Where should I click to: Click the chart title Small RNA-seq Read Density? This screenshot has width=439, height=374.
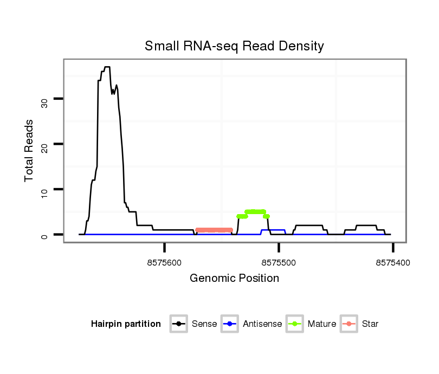pyautogui.click(x=234, y=46)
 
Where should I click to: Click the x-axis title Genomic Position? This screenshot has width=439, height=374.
pyautogui.click(x=234, y=279)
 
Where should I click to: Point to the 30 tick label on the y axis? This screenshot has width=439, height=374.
pyautogui.click(x=44, y=99)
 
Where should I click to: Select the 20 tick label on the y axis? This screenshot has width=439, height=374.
pyautogui.click(x=44, y=144)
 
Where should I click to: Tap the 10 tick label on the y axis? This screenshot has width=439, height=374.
pyautogui.click(x=44, y=189)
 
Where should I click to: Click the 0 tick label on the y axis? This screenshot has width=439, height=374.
pyautogui.click(x=44, y=235)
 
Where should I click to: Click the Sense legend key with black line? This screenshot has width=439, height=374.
pyautogui.click(x=179, y=324)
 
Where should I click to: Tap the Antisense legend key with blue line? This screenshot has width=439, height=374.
pyautogui.click(x=230, y=324)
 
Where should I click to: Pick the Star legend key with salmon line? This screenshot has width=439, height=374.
pyautogui.click(x=349, y=324)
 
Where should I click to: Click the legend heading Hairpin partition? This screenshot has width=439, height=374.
pyautogui.click(x=126, y=324)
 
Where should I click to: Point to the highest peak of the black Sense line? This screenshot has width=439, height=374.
pyautogui.click(x=107, y=67)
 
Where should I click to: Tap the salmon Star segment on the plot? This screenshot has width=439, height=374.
pyautogui.click(x=214, y=230)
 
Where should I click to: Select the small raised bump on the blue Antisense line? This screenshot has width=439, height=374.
pyautogui.click(x=273, y=230)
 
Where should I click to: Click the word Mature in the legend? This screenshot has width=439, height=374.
pyautogui.click(x=322, y=324)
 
